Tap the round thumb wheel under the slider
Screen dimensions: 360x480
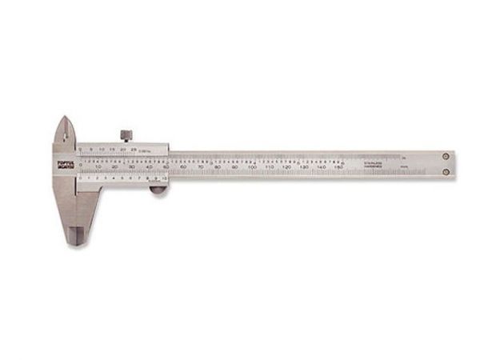click(x=158, y=190)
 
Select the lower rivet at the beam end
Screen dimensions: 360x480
click(x=446, y=170)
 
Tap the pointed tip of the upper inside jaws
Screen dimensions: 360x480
click(x=64, y=119)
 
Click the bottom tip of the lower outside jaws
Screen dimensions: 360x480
click(x=78, y=242)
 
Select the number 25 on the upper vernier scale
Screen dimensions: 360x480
click(x=131, y=148)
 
